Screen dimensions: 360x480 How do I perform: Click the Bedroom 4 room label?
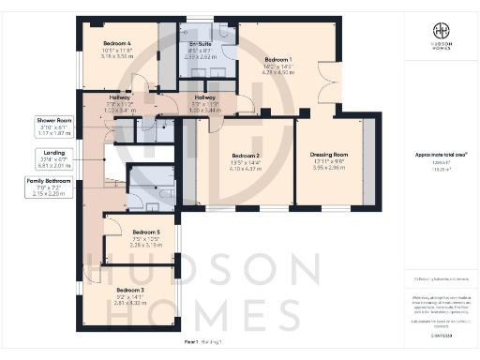click(115, 43)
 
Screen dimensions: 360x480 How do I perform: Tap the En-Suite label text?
click(200, 44)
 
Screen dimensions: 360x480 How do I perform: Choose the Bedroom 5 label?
click(146, 232)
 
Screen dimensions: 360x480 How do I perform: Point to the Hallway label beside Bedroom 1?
click(203, 97)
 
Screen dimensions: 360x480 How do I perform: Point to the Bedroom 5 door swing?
click(114, 225)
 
